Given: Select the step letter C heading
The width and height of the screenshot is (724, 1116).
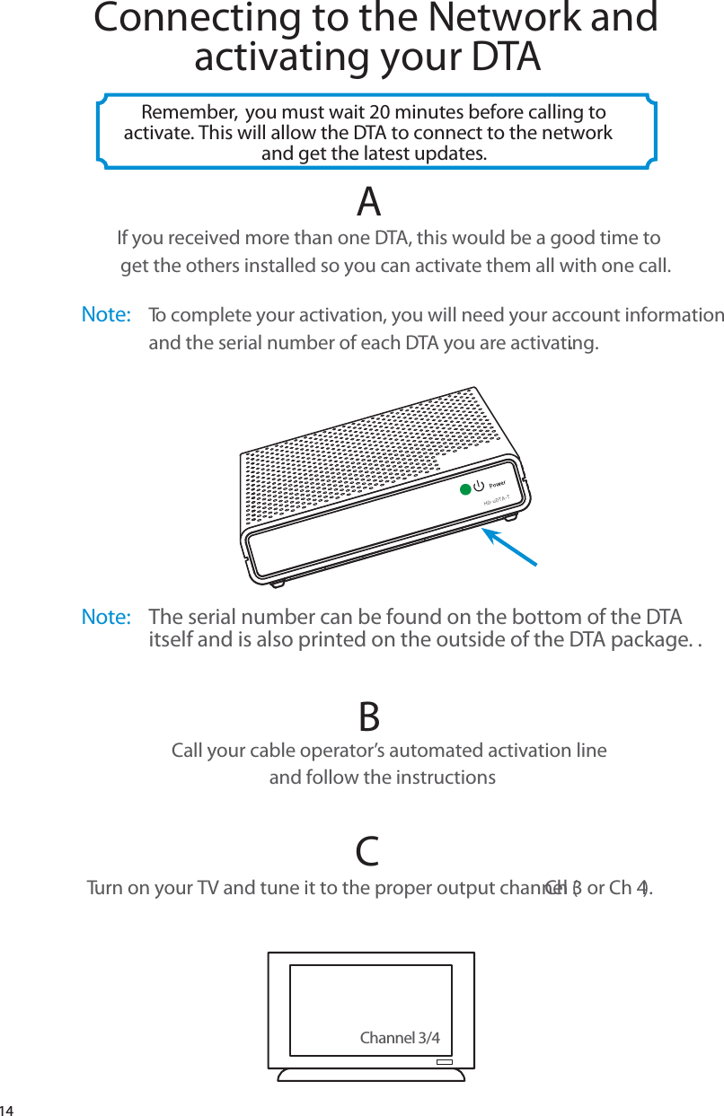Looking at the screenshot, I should [x=366, y=851].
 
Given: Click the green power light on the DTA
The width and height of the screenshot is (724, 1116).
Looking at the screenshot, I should [x=464, y=489].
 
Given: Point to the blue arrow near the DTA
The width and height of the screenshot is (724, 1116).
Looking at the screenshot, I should [x=509, y=546].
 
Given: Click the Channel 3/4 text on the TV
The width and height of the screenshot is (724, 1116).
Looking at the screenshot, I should [x=400, y=1039].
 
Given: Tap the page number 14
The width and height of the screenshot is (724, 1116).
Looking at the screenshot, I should [x=8, y=1108].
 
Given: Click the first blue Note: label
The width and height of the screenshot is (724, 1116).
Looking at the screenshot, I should [x=106, y=315].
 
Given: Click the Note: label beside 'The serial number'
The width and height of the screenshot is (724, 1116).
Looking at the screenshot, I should [x=106, y=618].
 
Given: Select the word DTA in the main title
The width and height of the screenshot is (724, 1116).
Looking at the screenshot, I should [x=507, y=57].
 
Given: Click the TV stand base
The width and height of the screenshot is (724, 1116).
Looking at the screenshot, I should [x=371, y=1075].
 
